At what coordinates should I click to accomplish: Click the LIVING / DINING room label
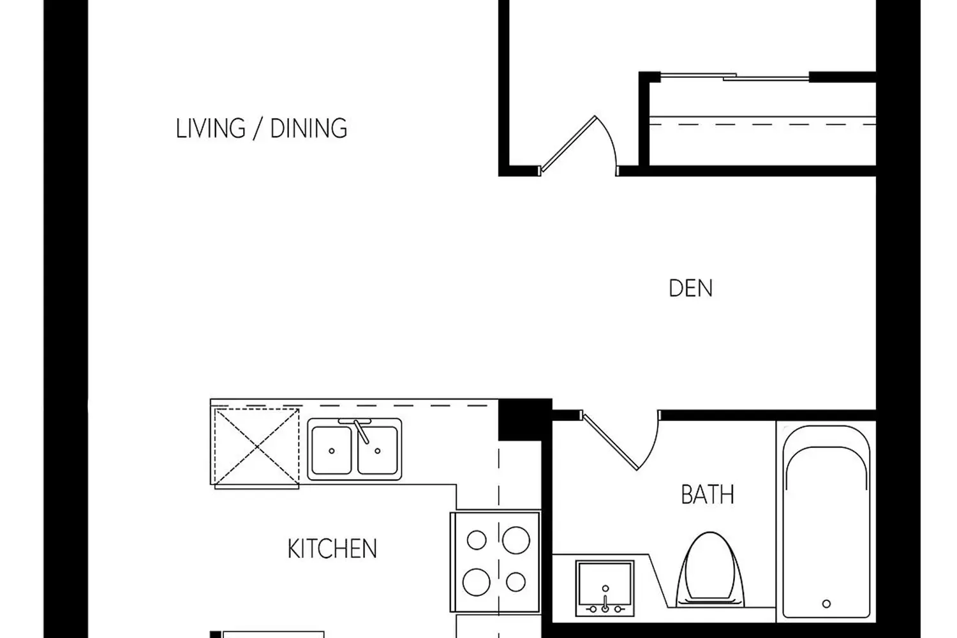click(x=262, y=128)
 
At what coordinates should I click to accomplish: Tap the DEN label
click(x=690, y=288)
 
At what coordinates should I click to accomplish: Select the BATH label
click(x=708, y=494)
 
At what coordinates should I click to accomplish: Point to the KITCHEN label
click(x=332, y=549)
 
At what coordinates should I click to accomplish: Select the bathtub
click(x=826, y=521)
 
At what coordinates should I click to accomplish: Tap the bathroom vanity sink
click(x=605, y=588)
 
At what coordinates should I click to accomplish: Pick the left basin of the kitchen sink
click(x=332, y=450)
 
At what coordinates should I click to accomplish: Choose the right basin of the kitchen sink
click(x=378, y=450)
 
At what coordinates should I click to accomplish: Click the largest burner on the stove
click(x=516, y=540)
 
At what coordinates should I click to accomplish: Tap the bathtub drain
click(x=826, y=604)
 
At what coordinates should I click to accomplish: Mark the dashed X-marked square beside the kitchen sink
click(x=256, y=447)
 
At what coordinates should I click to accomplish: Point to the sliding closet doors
click(x=735, y=77)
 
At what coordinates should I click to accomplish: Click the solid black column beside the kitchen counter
click(x=525, y=419)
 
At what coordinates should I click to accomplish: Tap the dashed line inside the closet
click(x=762, y=125)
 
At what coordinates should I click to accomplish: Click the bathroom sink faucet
click(x=605, y=602)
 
